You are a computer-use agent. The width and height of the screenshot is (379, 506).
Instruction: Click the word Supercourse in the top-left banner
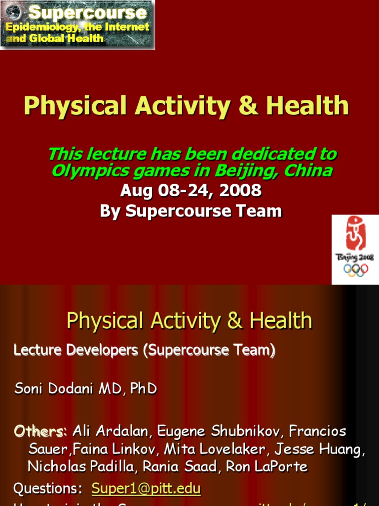point(88,12)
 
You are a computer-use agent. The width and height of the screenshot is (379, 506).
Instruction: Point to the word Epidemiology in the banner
point(41,27)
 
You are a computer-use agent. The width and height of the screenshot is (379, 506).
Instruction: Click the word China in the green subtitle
point(310,171)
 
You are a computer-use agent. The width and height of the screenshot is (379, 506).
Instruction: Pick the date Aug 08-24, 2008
point(190,190)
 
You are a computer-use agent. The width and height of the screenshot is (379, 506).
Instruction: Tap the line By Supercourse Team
point(190,211)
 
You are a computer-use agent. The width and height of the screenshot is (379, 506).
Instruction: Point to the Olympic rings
point(355,270)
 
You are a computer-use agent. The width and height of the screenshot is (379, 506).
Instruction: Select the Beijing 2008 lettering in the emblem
point(355,257)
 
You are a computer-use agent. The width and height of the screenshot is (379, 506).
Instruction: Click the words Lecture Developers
point(77,350)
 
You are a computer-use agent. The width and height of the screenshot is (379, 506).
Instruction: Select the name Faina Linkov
point(122,449)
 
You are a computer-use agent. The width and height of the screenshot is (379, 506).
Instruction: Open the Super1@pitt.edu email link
point(146,489)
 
